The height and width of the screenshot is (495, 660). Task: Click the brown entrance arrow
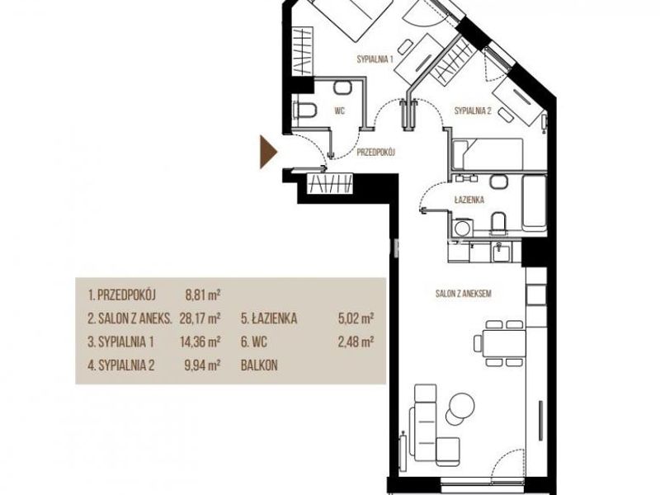(x=267, y=152)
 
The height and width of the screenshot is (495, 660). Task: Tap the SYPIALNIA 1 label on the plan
(x=375, y=59)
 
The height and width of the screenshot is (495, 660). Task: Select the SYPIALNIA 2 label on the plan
(x=473, y=111)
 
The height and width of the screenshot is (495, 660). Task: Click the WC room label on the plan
(x=340, y=111)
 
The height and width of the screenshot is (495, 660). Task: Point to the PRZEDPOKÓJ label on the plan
(x=375, y=153)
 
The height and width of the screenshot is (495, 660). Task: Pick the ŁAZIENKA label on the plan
(x=469, y=200)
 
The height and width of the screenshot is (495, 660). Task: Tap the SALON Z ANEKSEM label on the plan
(x=463, y=294)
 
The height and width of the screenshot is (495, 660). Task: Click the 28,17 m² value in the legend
(x=200, y=318)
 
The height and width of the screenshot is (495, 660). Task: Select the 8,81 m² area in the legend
(x=203, y=295)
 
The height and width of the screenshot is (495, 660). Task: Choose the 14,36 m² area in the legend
(x=200, y=342)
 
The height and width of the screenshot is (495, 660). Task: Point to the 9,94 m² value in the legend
(x=203, y=365)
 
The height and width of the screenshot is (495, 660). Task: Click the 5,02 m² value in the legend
(x=356, y=318)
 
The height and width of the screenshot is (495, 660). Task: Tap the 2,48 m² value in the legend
(x=356, y=342)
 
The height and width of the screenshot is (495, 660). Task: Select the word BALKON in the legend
(x=259, y=365)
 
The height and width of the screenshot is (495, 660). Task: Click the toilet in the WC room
(x=304, y=110)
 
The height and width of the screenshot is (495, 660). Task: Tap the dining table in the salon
(x=503, y=343)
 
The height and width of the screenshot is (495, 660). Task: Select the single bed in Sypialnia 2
(x=488, y=155)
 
